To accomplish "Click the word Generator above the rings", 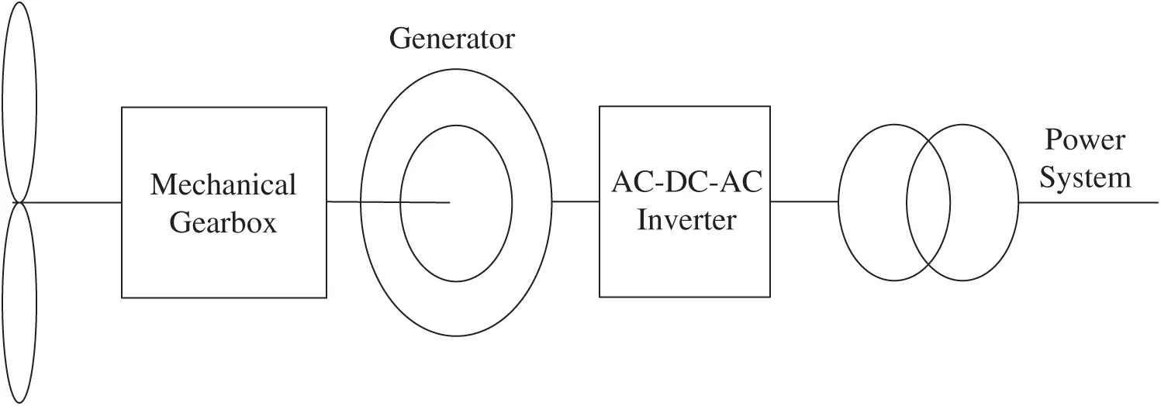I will (x=451, y=39).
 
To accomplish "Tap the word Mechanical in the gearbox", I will (x=223, y=185).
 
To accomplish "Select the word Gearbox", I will (x=223, y=223).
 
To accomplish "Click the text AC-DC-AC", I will (x=684, y=184).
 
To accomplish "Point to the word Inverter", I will (x=686, y=221).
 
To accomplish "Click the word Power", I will (x=1083, y=141).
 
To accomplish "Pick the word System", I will (x=1085, y=178).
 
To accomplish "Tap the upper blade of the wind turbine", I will (x=19, y=101).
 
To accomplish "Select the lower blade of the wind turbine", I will (x=19, y=302).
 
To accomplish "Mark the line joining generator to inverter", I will (x=575, y=201).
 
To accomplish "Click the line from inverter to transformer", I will (x=804, y=201).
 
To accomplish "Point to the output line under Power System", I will (x=1090, y=203).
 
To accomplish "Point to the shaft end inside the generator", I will (x=448, y=203).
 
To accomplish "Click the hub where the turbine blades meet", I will (x=20, y=203).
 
